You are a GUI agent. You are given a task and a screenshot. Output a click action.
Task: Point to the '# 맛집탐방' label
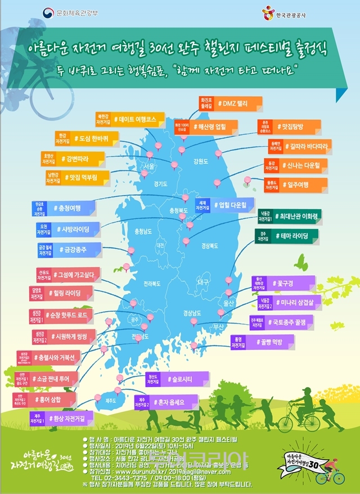pos(291,127)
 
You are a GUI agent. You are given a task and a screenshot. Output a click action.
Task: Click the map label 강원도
pos(200,160)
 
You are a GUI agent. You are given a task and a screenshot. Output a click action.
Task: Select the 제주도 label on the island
pos(110,401)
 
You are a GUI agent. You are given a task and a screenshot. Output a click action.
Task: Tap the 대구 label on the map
pos(203,281)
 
